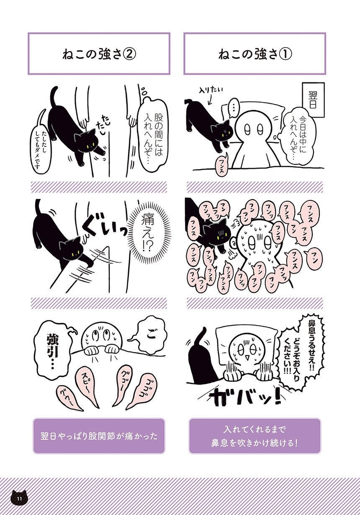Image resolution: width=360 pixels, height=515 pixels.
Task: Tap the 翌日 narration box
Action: point(313,99)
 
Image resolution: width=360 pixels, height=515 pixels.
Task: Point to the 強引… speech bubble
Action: point(51,352)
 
